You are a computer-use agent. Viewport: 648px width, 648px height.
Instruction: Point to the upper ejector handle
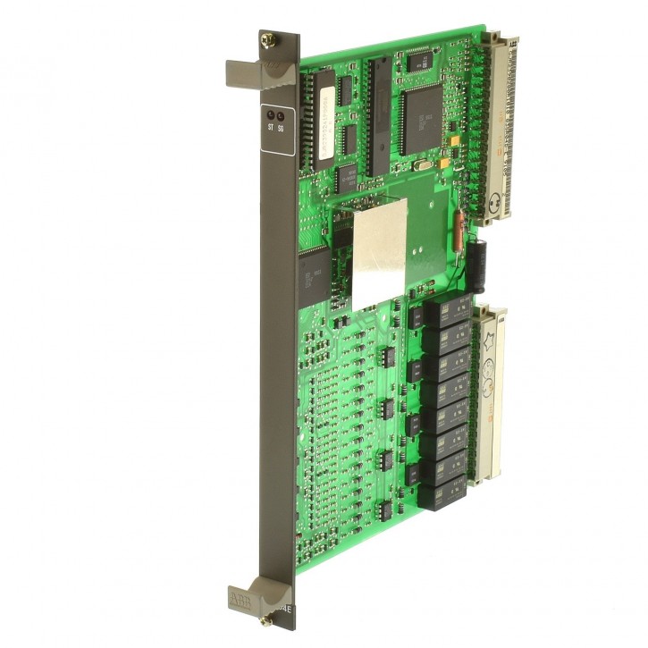[258, 71]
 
